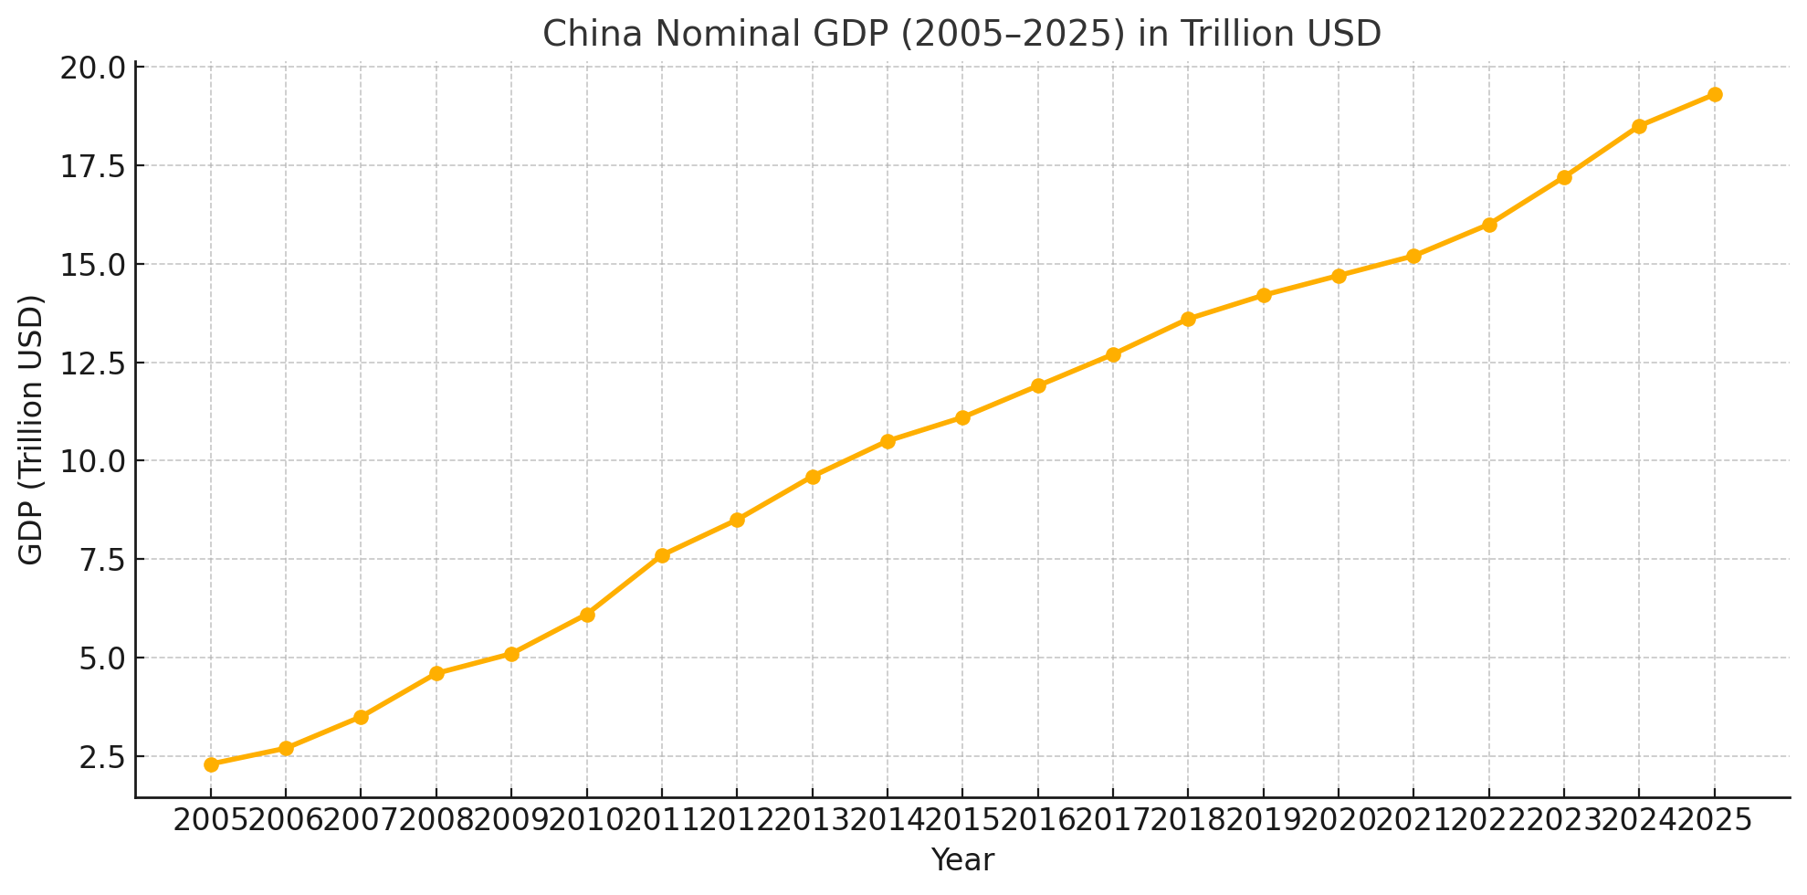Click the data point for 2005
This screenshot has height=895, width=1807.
tap(211, 764)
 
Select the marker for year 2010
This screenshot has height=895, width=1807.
tap(587, 615)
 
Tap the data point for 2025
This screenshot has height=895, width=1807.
tap(1715, 95)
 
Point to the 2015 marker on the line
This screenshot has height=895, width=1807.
tap(962, 417)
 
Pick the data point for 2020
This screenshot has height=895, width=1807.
tap(1339, 276)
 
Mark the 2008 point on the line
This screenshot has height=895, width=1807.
tap(436, 673)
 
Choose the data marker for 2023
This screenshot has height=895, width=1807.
tap(1564, 177)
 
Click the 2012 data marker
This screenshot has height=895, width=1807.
tap(737, 520)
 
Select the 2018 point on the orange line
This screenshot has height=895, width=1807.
tap(1188, 319)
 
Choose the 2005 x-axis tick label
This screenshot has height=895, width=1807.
tap(211, 820)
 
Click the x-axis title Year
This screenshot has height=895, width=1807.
tap(962, 860)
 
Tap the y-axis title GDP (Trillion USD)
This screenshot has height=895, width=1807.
tap(31, 429)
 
